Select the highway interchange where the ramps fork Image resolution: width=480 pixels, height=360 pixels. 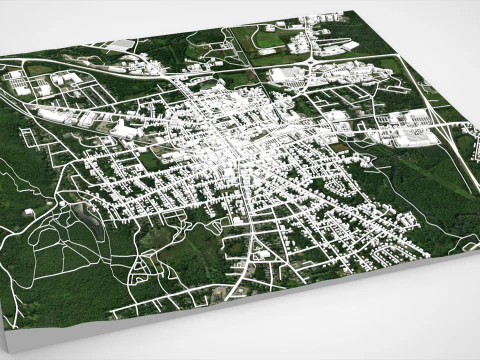coord(432,100)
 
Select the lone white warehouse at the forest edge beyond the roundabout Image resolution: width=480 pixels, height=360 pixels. coord(120,45)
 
